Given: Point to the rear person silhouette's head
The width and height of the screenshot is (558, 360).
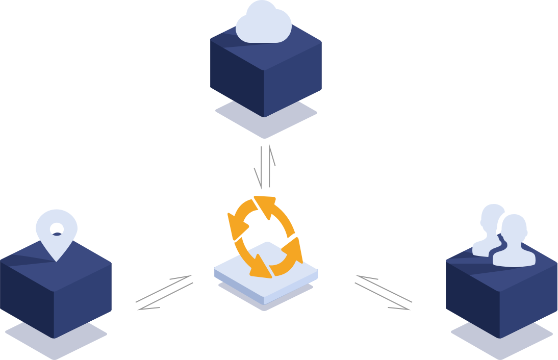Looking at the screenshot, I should [x=493, y=215].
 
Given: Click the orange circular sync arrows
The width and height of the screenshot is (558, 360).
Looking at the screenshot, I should [x=264, y=237].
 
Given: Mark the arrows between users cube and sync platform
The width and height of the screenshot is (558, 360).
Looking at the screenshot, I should [x=383, y=293].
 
